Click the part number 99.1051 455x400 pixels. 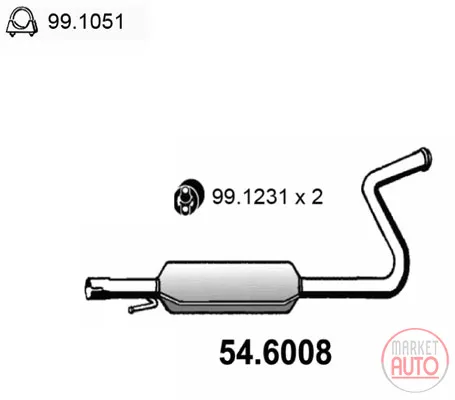[86, 22]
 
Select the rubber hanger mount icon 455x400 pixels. [187, 197]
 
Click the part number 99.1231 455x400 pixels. [249, 197]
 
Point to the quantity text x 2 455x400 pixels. [309, 197]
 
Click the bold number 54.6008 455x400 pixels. [275, 352]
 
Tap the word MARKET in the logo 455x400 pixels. [414, 348]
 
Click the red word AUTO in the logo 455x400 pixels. [414, 366]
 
